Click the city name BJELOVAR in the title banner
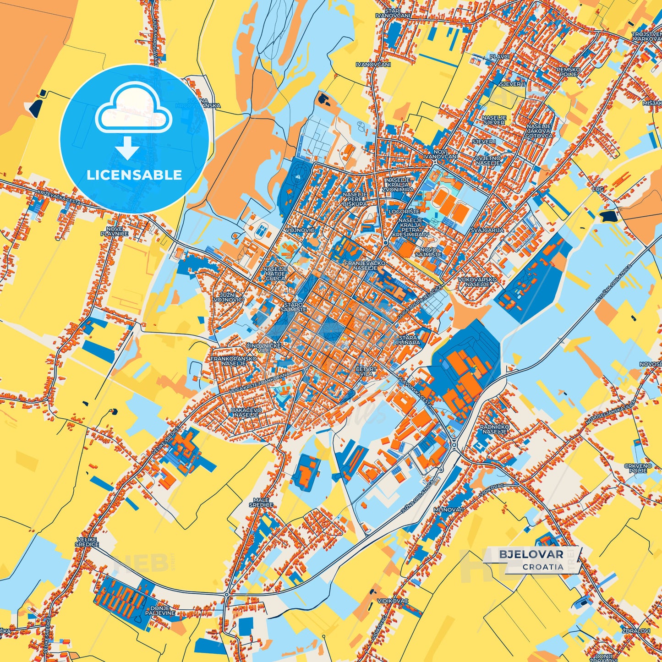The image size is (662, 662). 531,554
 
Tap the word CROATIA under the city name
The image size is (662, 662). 542,567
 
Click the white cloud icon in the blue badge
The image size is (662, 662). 133,110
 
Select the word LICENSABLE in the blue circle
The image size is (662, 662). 134,175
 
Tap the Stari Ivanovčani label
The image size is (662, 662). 393,13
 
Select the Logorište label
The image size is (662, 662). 404,212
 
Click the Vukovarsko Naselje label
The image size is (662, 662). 477,282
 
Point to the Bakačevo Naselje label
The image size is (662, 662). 246,412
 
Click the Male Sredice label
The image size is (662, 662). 261,502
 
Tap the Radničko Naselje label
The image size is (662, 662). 493,429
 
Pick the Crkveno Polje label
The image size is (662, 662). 638,468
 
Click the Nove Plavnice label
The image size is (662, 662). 115,231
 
